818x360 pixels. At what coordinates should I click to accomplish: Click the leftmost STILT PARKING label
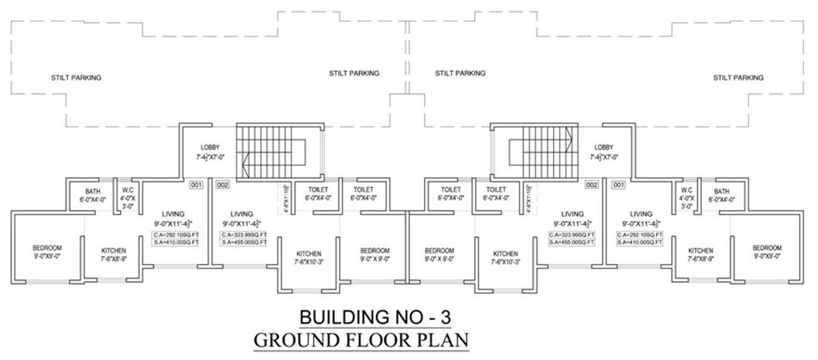click(x=76, y=78)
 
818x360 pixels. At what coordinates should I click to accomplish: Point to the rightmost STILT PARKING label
click(x=738, y=78)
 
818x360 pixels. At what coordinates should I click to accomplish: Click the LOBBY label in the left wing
click(x=210, y=148)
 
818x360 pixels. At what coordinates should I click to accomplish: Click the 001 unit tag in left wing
click(x=196, y=184)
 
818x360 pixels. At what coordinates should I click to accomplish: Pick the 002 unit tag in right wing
click(x=591, y=184)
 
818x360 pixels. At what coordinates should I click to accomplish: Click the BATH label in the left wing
click(x=93, y=192)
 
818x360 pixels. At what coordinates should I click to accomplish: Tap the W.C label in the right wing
click(x=686, y=192)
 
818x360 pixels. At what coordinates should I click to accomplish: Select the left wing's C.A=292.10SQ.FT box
click(x=176, y=235)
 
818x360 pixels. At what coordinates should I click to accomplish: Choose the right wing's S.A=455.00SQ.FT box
click(x=572, y=243)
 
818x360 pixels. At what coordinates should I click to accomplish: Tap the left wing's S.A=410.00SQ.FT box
click(x=176, y=243)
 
